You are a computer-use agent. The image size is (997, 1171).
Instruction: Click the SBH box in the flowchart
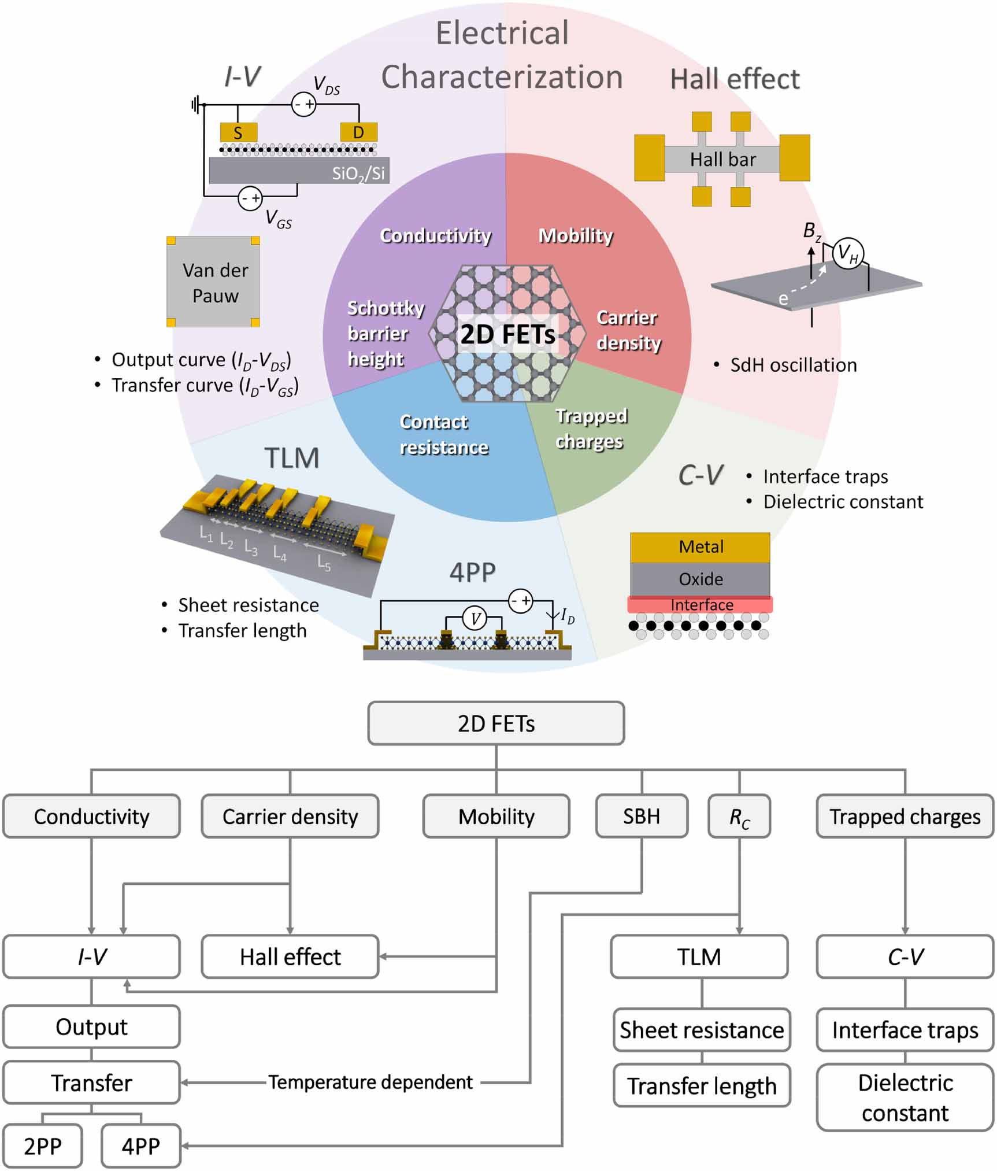coord(642,816)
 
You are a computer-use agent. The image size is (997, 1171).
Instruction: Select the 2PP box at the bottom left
coord(42,1146)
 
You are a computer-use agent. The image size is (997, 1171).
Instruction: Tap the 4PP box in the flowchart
coord(140,1146)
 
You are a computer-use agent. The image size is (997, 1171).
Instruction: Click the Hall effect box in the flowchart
coord(290,956)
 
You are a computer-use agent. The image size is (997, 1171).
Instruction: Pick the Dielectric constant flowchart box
coord(905,1097)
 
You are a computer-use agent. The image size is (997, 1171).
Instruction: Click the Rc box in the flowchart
coord(739,817)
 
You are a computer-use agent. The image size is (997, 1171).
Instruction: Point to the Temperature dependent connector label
coord(370,1081)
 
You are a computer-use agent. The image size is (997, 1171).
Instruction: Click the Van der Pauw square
coord(213,282)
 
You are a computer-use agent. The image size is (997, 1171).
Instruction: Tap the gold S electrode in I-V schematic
coord(238,132)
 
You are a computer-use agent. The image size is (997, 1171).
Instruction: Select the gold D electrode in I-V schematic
coord(358,132)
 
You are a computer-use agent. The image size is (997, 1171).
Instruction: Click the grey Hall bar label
coord(722,159)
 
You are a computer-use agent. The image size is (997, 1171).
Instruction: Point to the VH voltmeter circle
coord(847,253)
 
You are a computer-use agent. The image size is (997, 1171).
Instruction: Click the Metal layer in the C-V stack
coord(701,546)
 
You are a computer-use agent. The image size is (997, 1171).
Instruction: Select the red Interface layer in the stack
coord(701,605)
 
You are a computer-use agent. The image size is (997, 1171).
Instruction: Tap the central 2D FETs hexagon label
coord(507,334)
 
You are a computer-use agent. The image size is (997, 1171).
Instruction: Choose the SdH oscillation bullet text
coord(793,365)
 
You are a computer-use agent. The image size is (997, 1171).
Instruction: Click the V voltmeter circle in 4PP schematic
coord(475,619)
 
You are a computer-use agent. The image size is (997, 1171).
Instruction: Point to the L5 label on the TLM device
coord(324,563)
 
